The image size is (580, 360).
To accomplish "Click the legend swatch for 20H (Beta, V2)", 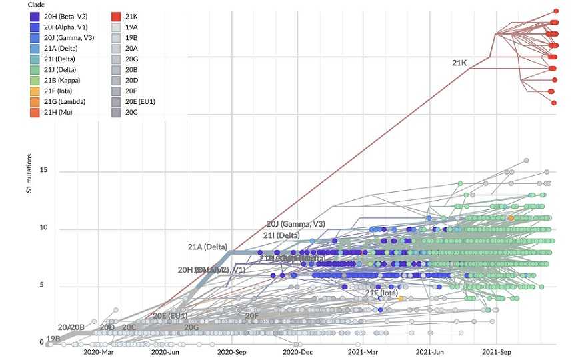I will click(x=34, y=16).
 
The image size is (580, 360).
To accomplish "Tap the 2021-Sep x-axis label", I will click(x=497, y=351).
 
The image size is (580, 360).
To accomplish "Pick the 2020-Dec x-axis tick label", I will click(x=298, y=351).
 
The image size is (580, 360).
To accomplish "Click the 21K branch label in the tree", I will click(x=459, y=63).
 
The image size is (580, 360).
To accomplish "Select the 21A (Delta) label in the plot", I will click(x=207, y=247).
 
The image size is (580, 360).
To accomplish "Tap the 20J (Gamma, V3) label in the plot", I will click(x=295, y=224).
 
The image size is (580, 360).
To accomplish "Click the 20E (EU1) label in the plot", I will click(x=170, y=315).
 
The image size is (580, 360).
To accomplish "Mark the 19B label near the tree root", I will click(x=53, y=339).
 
